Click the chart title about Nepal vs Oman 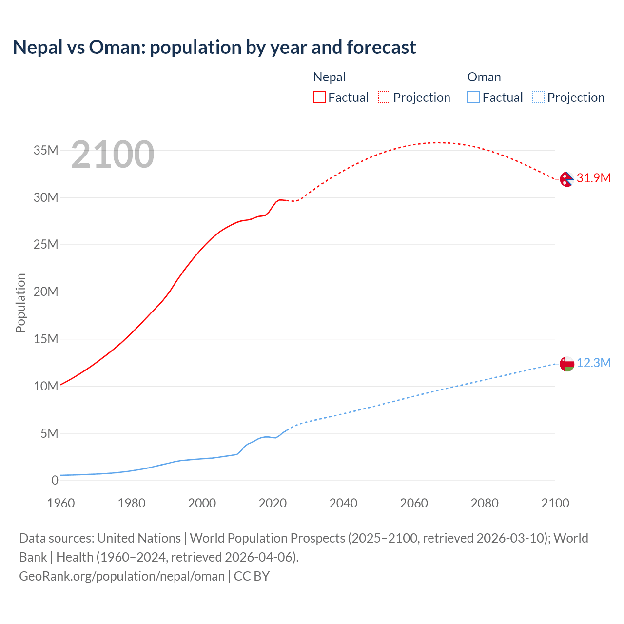click(214, 47)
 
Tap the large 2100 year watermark click(113, 155)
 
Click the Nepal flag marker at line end click(566, 179)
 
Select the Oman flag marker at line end click(567, 364)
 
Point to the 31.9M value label click(593, 178)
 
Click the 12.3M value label click(594, 363)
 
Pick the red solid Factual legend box click(319, 97)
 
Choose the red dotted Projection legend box click(384, 97)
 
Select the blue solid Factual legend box click(473, 97)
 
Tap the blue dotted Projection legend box click(538, 97)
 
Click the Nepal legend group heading click(329, 77)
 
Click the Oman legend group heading click(484, 77)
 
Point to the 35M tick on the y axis click(46, 150)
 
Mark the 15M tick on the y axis click(46, 339)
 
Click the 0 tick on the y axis click(55, 480)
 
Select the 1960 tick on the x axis click(61, 503)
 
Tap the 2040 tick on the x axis click(343, 503)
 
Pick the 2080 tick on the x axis click(485, 503)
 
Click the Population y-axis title click(20, 303)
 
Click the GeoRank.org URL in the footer click(122, 576)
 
